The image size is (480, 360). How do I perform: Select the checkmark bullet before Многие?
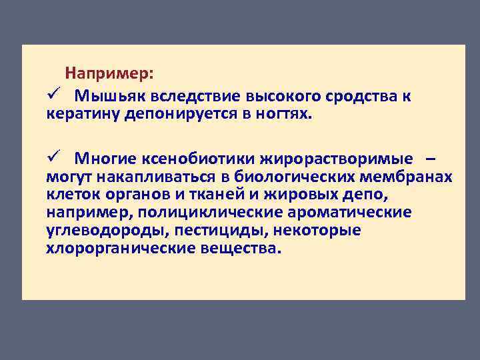[55, 157]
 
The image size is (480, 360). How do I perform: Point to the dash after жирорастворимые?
[431, 159]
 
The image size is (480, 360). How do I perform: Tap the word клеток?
[69, 195]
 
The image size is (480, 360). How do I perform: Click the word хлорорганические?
[119, 249]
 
